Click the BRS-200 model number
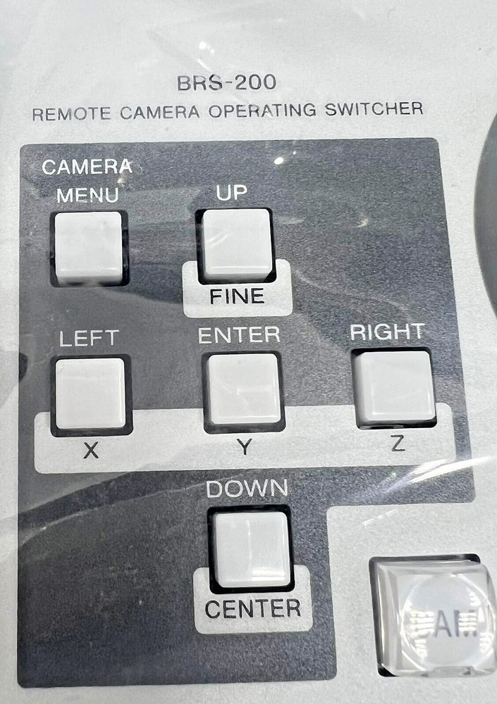point(226,83)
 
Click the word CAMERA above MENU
point(87,168)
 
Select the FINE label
point(237,297)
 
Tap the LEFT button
point(90,393)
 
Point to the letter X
point(90,451)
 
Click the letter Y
point(243,448)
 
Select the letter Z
point(397,445)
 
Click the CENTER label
point(253,608)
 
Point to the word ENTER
point(239,336)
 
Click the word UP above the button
point(232,194)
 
